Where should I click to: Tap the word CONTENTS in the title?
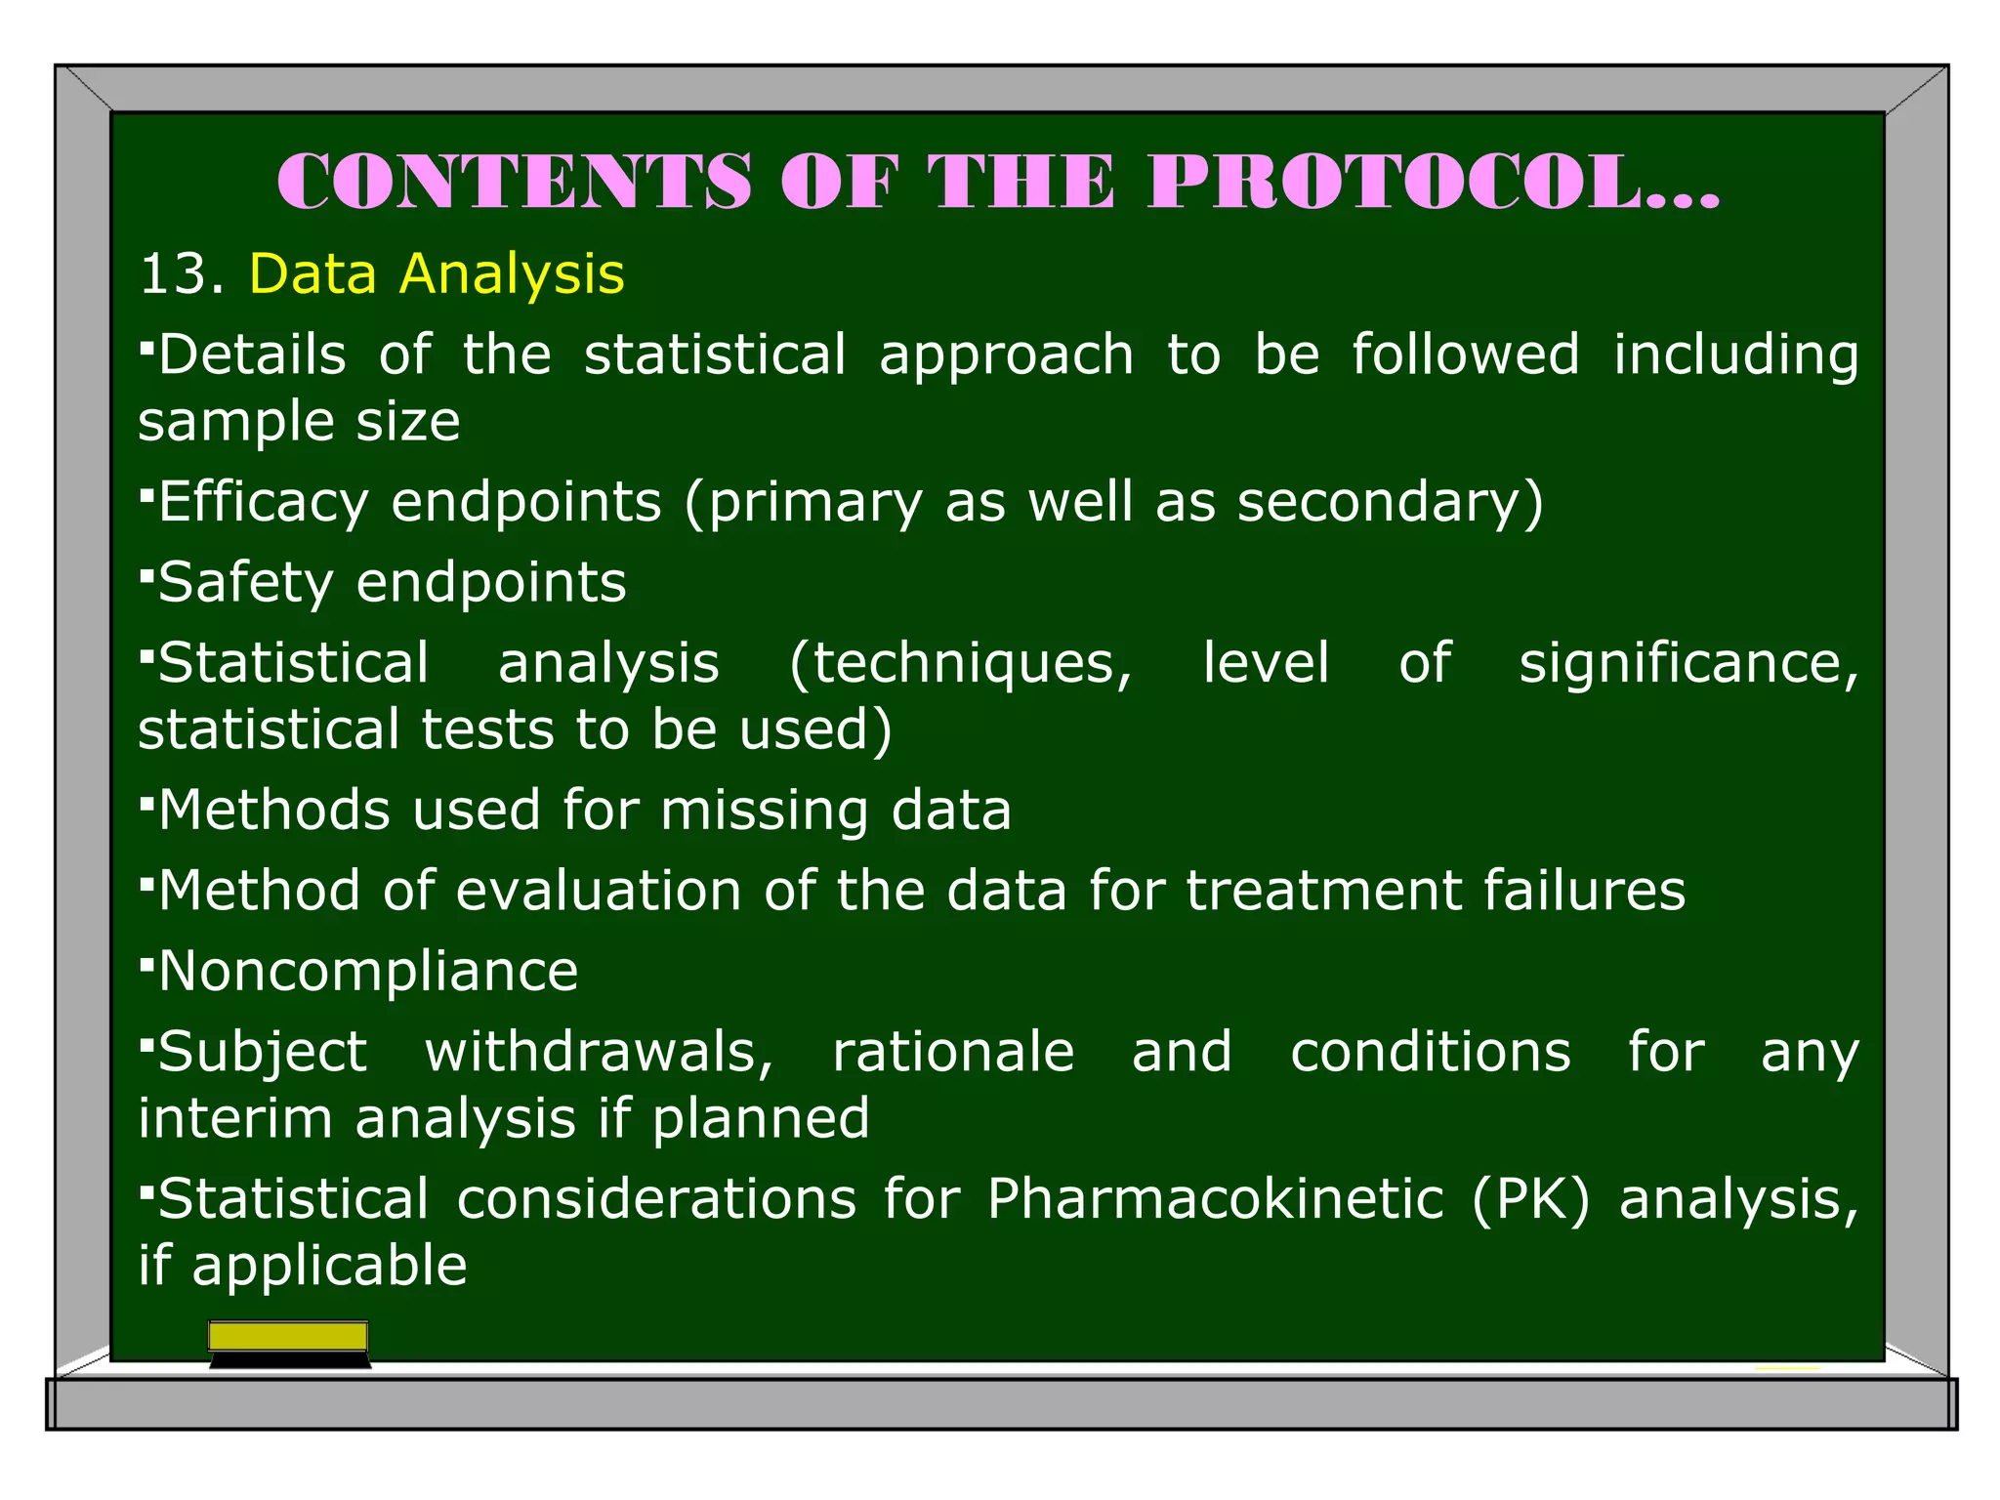tap(515, 183)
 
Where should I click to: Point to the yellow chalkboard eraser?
tap(289, 1341)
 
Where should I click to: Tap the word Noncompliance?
tap(368, 973)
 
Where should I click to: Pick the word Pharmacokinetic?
tap(1215, 1200)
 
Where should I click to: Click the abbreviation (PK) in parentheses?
tap(1529, 1200)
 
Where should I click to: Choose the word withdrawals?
tap(599, 1053)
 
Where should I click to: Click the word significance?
tap(1687, 664)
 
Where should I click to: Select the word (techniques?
tap(960, 664)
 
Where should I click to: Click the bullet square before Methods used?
tap(146, 805)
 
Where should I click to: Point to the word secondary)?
tap(1390, 504)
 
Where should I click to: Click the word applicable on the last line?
tap(330, 1267)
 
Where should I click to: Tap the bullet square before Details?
tap(146, 348)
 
